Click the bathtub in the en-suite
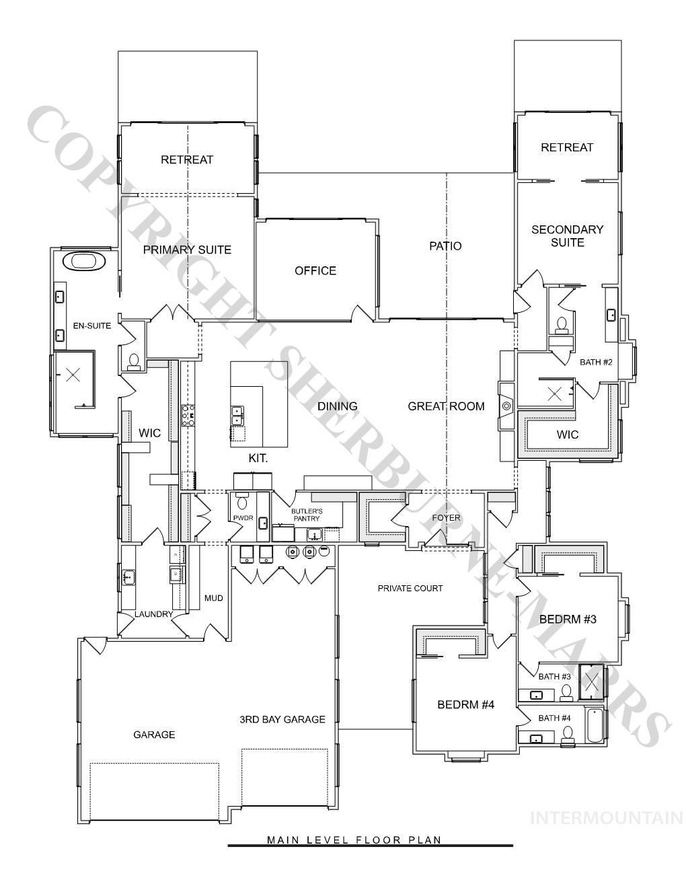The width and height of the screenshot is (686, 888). [83, 261]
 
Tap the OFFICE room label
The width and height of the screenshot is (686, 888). [315, 271]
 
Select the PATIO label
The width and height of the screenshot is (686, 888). [445, 246]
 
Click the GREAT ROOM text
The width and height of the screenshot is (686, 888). [446, 406]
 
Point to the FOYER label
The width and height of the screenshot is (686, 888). [446, 518]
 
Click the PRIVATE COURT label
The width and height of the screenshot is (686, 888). [410, 589]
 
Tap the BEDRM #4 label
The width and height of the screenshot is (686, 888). [465, 705]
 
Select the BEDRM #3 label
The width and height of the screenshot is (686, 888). [568, 620]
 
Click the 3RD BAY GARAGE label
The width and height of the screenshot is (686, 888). [282, 720]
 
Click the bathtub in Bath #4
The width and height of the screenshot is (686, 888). [595, 726]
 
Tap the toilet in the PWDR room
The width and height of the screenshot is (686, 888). [243, 502]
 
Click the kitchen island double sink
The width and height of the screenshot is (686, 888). [237, 416]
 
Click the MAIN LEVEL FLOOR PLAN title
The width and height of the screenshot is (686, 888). [354, 840]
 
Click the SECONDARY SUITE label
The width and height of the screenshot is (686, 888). [567, 236]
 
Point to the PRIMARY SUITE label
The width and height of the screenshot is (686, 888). [187, 250]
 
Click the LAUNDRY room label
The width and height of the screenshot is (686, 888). [153, 614]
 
